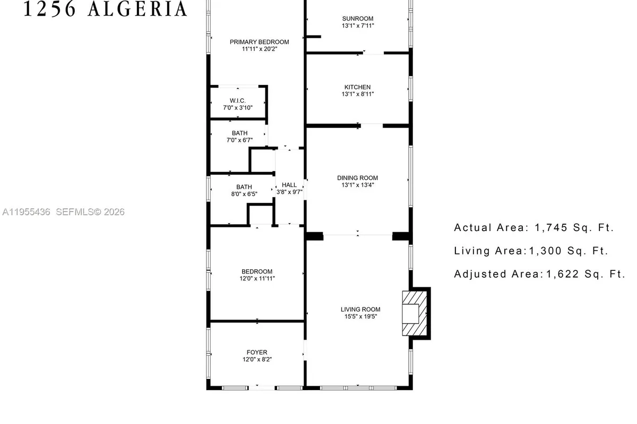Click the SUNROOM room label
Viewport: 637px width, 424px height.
pos(357,19)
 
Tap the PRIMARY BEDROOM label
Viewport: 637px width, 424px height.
pos(259,42)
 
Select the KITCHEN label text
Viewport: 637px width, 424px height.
pos(357,87)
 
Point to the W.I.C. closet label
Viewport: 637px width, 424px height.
pos(237,101)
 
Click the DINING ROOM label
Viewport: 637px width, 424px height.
pos(357,178)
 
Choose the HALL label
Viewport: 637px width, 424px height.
pos(289,185)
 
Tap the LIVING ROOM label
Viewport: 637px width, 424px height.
pos(360,310)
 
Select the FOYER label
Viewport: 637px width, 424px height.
pos(257,352)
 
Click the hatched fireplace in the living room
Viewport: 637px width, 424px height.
pos(415,313)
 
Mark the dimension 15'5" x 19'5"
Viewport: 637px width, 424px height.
pos(360,317)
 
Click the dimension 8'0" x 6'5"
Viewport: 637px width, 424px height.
pos(244,194)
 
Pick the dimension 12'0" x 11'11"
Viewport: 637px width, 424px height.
pos(257,278)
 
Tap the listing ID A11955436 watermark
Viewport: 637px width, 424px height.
pos(26,212)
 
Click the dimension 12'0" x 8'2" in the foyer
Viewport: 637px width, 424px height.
pos(257,359)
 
